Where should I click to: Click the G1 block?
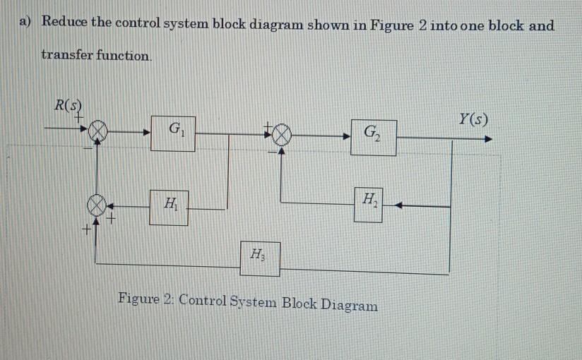click(173, 133)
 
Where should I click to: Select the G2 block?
click(373, 136)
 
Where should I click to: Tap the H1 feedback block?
click(169, 207)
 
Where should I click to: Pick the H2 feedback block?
click(368, 205)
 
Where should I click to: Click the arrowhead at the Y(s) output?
click(487, 139)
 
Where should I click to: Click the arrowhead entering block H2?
click(396, 206)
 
